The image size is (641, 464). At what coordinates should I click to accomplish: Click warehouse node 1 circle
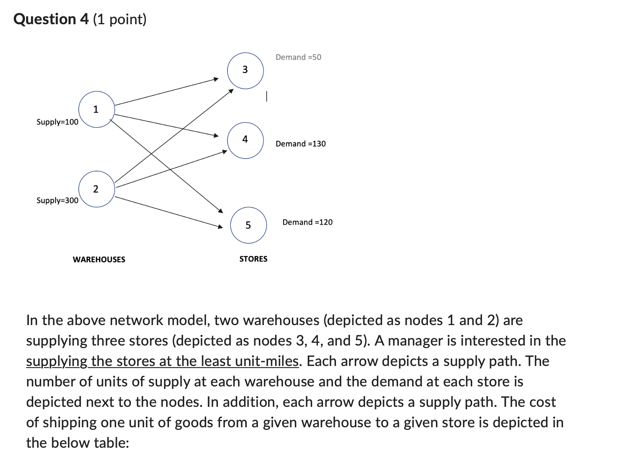click(x=96, y=109)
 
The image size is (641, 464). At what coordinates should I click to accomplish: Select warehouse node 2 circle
click(x=96, y=189)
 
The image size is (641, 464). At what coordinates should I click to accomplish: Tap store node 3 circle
click(x=245, y=70)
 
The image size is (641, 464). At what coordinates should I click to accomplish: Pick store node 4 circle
click(x=245, y=140)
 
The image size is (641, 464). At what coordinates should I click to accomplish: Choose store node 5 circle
click(x=248, y=225)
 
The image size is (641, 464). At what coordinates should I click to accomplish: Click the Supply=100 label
click(x=57, y=122)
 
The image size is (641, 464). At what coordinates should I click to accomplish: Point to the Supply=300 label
click(x=57, y=200)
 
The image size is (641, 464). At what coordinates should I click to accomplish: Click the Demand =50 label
click(x=298, y=57)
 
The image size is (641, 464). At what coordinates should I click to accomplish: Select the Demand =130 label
click(x=300, y=144)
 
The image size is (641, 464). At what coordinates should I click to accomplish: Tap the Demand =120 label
click(x=307, y=222)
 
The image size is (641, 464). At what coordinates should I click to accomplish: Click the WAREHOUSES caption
click(x=99, y=260)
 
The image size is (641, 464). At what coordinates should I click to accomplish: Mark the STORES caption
click(x=253, y=259)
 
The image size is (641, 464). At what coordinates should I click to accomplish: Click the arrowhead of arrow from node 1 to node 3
click(x=216, y=79)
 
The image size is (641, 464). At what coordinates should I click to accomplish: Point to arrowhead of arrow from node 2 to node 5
click(x=221, y=227)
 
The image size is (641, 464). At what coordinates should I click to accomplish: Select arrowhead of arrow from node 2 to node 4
click(x=224, y=152)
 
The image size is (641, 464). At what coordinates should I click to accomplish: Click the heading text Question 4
click(x=51, y=19)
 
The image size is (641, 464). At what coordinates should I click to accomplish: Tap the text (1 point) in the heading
click(x=120, y=19)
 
